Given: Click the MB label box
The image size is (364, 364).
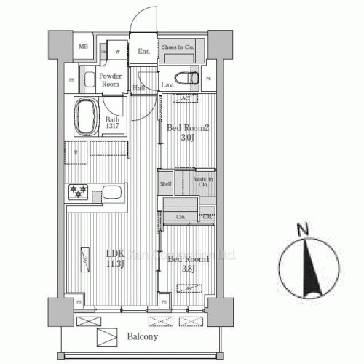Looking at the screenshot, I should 83,47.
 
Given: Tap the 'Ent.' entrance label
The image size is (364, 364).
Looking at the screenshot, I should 144,51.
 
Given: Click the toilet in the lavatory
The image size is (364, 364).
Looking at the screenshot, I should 188,76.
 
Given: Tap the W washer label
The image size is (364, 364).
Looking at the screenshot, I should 116,52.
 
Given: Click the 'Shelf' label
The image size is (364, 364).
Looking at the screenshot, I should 166,185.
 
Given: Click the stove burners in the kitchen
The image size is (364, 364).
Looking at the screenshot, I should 78,193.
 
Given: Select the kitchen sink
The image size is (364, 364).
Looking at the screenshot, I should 112,194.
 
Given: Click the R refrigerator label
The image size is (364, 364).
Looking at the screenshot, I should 76,152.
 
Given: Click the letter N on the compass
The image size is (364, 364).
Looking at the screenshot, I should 304,231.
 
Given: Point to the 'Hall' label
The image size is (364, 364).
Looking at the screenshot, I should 140,89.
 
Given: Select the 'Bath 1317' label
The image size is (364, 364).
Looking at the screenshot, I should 112,124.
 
